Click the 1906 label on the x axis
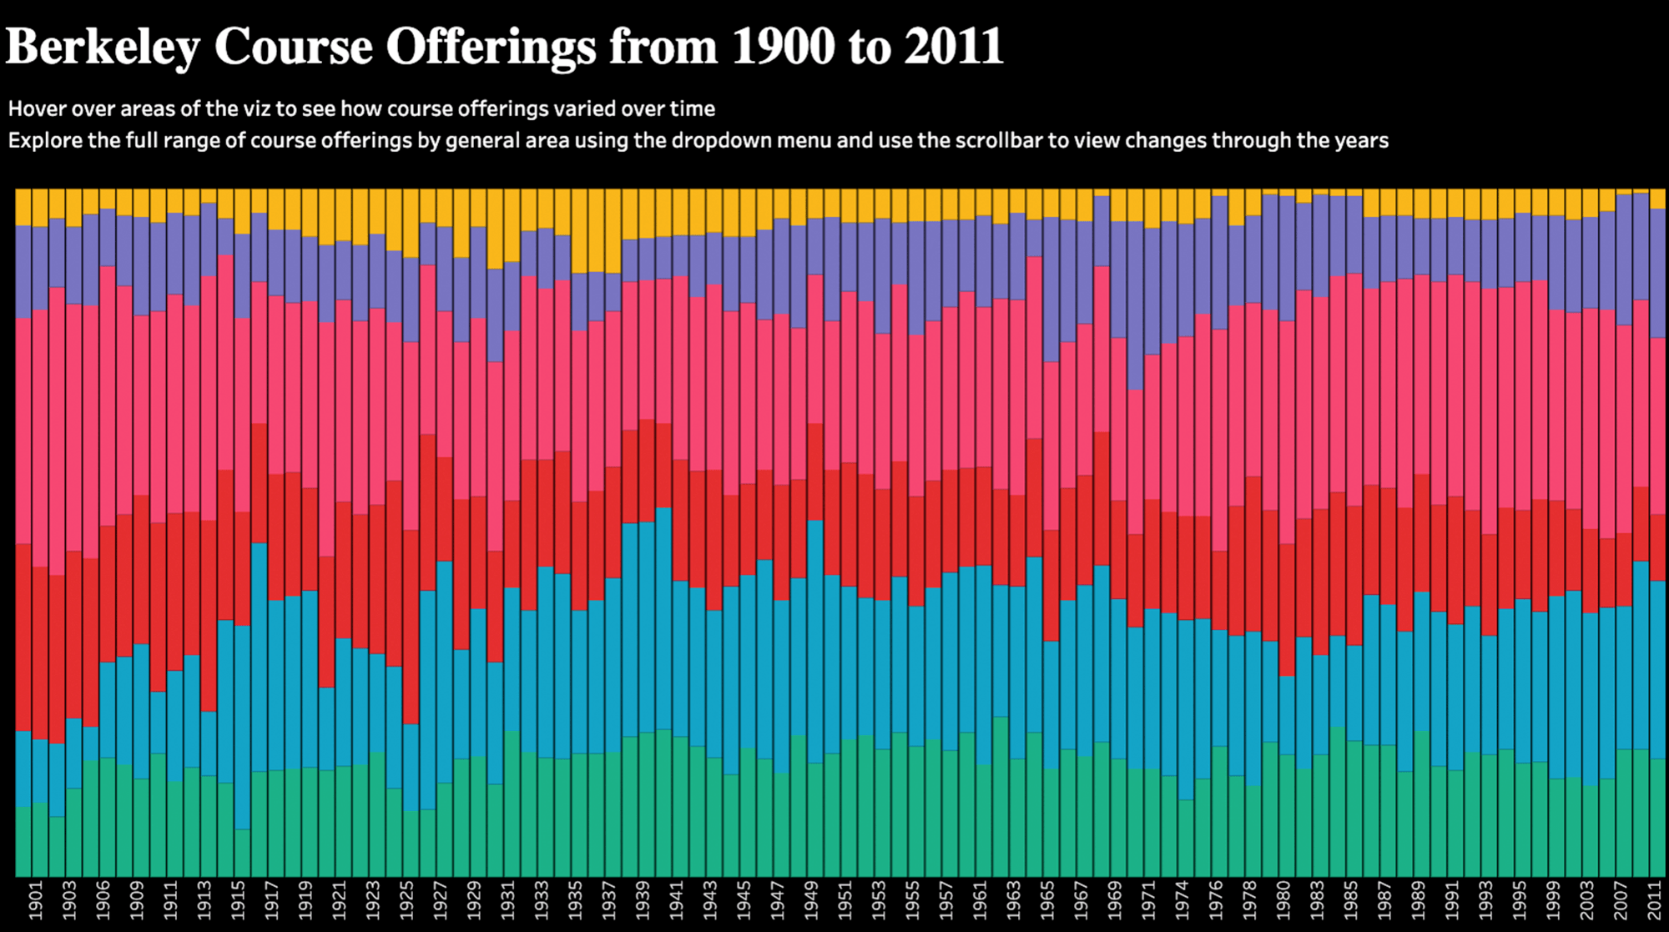click(x=103, y=899)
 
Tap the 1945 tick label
click(x=743, y=899)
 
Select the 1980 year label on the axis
click(x=1283, y=899)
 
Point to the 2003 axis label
click(x=1586, y=899)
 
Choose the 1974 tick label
click(x=1182, y=899)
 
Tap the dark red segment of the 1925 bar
click(x=411, y=627)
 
